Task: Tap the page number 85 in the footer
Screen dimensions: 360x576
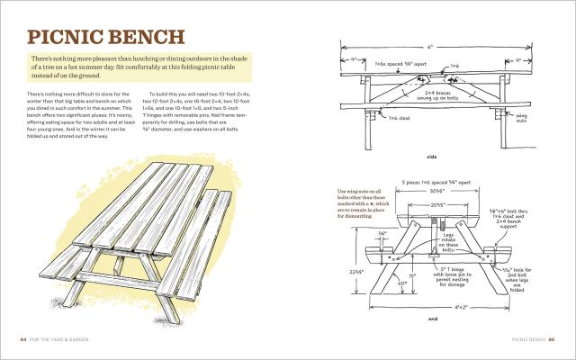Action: (553, 339)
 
